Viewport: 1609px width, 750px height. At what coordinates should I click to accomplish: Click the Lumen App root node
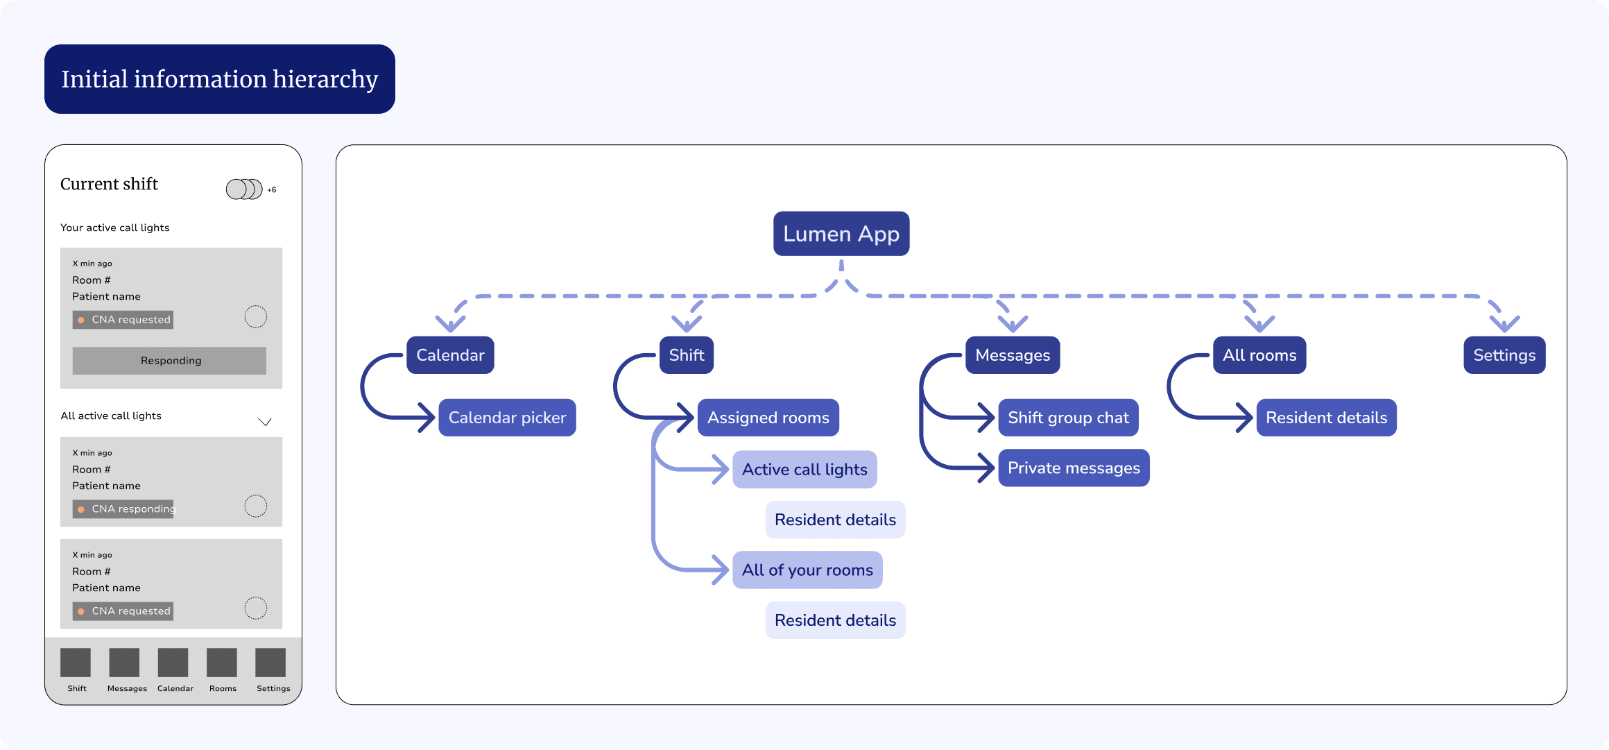841,234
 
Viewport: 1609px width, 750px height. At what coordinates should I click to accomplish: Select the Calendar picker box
507,418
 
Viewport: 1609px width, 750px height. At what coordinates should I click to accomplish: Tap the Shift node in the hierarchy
687,355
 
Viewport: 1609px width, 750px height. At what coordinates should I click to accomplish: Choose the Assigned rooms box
768,418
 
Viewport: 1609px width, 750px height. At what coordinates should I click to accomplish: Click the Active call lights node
804,470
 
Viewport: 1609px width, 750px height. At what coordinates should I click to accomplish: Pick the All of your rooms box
807,570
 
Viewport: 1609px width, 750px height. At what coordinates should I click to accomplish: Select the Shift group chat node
1068,418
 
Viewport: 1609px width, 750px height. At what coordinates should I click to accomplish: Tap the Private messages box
1074,468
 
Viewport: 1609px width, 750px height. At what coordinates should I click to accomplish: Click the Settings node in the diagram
1504,355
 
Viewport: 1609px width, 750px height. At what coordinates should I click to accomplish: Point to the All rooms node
1259,355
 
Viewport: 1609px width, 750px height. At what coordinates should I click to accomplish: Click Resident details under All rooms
1327,418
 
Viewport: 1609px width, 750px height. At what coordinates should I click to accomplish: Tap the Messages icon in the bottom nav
124,663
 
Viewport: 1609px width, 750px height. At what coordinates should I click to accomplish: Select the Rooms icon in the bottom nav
222,663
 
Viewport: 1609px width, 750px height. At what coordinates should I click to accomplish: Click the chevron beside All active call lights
265,422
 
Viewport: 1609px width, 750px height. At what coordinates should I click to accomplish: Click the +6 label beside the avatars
272,189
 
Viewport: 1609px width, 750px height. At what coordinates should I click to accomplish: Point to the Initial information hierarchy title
220,79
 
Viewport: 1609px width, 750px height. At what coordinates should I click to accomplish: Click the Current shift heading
109,184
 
